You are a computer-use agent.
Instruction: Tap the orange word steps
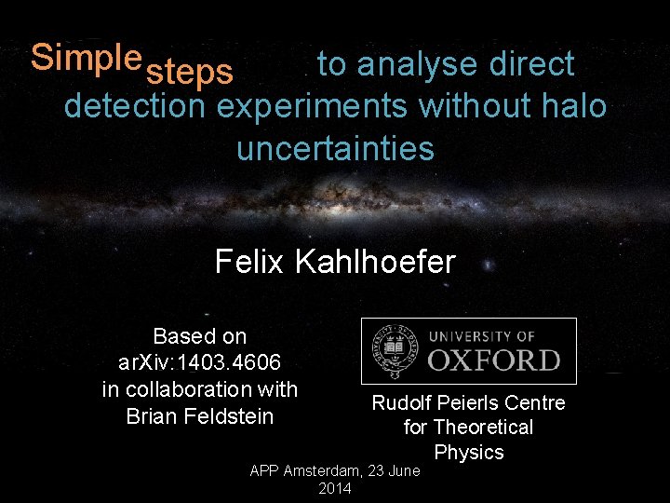[190, 73]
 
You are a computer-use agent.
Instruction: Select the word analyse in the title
[412, 64]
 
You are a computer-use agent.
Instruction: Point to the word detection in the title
[135, 106]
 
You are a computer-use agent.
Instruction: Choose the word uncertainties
[335, 148]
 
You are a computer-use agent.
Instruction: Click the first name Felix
[250, 262]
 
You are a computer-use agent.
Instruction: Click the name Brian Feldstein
[200, 415]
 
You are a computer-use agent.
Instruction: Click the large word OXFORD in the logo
[494, 360]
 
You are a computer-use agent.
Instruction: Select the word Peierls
[469, 402]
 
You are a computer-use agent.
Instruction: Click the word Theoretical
[483, 428]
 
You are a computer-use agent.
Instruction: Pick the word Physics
[469, 453]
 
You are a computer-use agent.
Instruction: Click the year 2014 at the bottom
[335, 489]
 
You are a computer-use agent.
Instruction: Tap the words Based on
[199, 335]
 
